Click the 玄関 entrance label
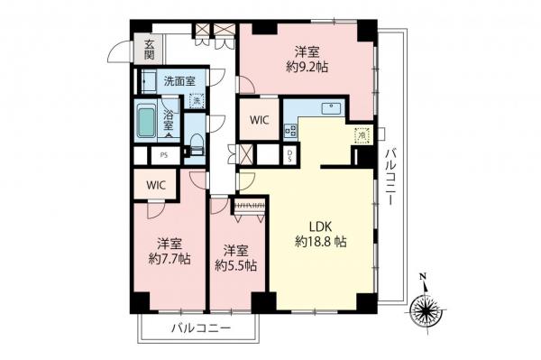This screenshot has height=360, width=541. pos(149,48)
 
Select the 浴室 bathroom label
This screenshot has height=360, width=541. pos(170,120)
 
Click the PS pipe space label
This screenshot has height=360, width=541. pos(163,155)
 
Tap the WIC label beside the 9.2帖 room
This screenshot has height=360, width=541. pos(258,118)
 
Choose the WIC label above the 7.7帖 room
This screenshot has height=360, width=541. pos(156,185)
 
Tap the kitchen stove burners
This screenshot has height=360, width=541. pos(290,131)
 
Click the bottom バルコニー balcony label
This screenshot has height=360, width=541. pos(201,330)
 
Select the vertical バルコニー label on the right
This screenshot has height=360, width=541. pos(390,176)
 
